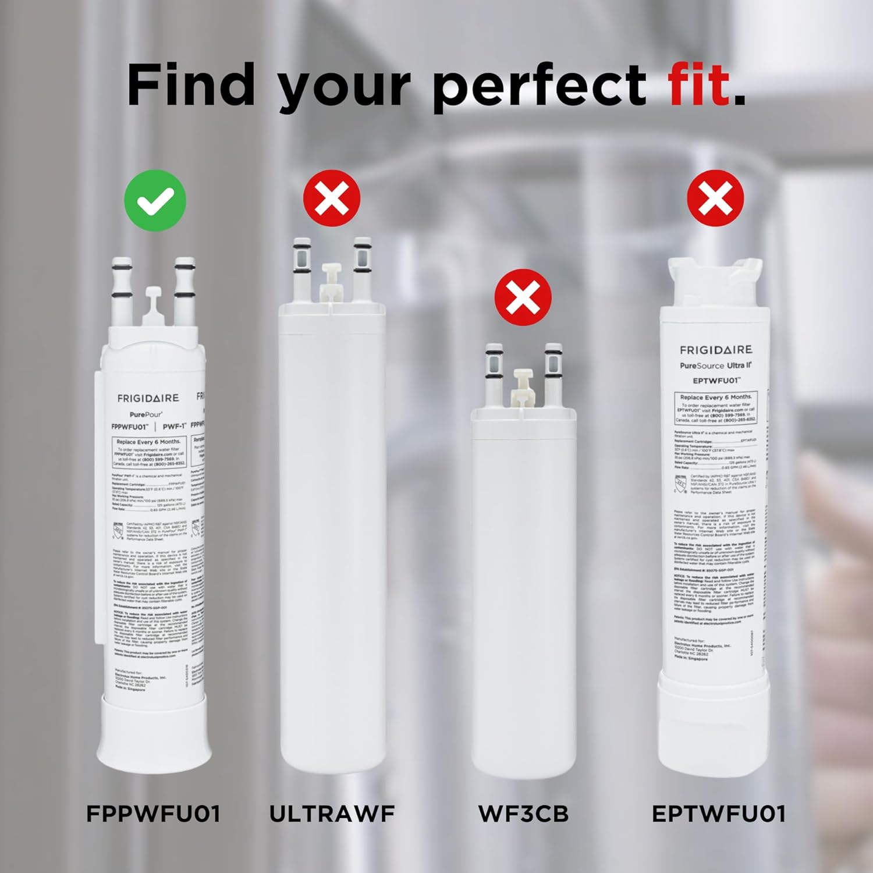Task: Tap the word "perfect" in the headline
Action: (539, 87)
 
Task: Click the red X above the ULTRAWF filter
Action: (332, 198)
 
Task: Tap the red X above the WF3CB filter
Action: (523, 297)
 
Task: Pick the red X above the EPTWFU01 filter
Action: (715, 198)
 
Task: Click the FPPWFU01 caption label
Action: (154, 814)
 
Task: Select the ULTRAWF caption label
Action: (332, 814)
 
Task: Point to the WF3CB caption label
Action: (523, 814)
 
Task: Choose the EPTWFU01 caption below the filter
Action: (718, 814)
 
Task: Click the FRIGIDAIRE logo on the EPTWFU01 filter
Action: (716, 350)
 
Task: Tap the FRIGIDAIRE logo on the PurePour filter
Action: (148, 398)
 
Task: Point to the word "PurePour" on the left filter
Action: (146, 414)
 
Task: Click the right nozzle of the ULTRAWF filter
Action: (362, 265)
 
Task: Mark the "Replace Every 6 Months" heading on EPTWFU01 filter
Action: (715, 397)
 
